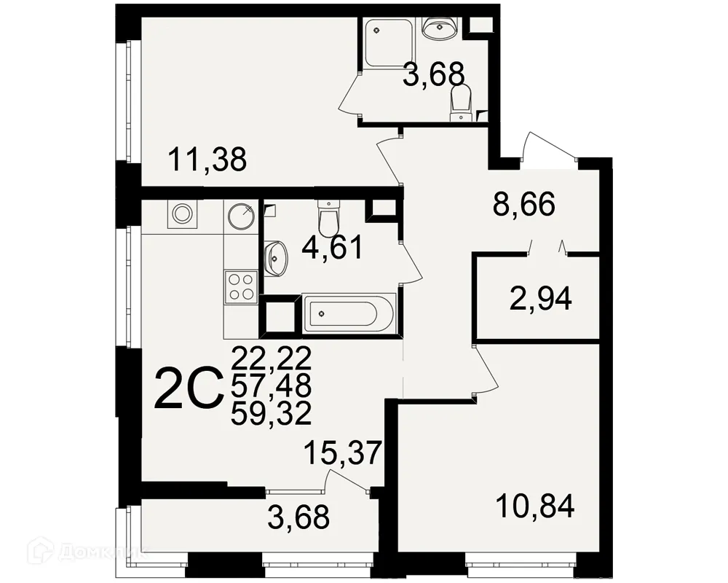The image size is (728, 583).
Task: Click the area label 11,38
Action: pos(207,158)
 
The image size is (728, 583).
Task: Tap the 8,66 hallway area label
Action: pos(523,206)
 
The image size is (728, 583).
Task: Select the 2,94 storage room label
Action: pos(540,299)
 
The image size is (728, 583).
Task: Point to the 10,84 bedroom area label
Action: pos(535,504)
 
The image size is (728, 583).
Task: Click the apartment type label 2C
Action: pos(189,389)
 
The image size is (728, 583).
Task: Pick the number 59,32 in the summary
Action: pos(271,414)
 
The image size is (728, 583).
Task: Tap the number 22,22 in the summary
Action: pos(271,358)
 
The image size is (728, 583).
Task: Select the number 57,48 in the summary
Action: pos(271,386)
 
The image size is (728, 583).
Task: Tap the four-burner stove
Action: pos(241,284)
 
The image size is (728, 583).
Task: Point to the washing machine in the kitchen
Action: pos(181,214)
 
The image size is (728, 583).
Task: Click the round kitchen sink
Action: pos(241,215)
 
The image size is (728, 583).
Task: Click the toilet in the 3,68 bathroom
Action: pos(460,102)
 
